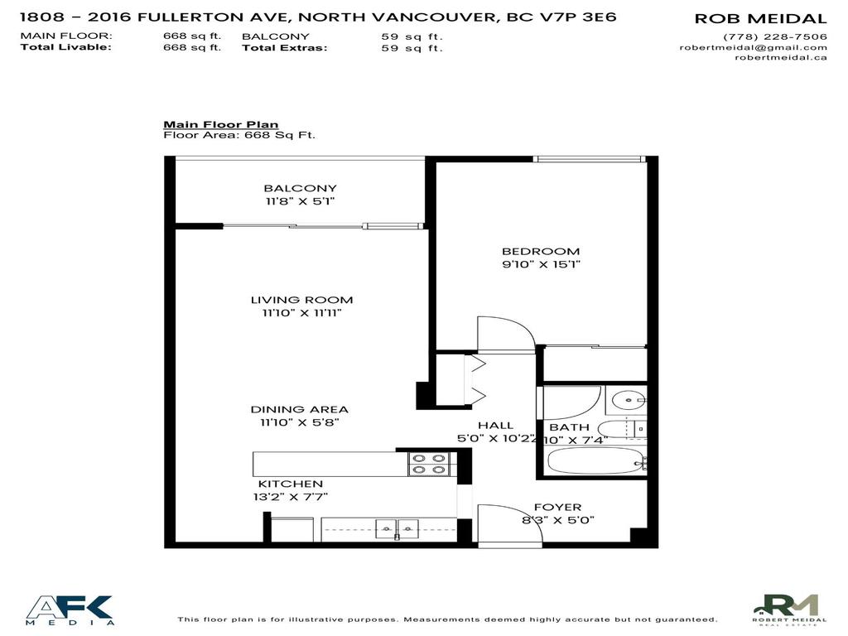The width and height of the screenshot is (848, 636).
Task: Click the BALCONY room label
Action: click(300, 188)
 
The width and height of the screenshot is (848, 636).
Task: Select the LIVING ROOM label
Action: click(301, 300)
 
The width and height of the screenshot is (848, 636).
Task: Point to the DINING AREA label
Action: click(300, 409)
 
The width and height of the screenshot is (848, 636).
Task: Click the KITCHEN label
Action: click(290, 484)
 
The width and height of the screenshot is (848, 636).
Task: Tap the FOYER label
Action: click(556, 507)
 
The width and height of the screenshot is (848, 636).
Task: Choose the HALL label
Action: click(495, 425)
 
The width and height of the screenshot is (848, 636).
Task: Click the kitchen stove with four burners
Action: click(427, 464)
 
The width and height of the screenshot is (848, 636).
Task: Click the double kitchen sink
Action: click(397, 528)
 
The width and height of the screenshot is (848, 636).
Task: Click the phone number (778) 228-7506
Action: click(774, 36)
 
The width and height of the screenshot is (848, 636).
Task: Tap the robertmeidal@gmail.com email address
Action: click(753, 47)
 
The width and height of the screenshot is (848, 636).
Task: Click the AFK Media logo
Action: click(70, 609)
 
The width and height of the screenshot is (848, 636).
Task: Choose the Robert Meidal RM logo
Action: click(790, 609)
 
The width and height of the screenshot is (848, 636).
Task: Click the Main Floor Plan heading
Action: click(220, 124)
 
